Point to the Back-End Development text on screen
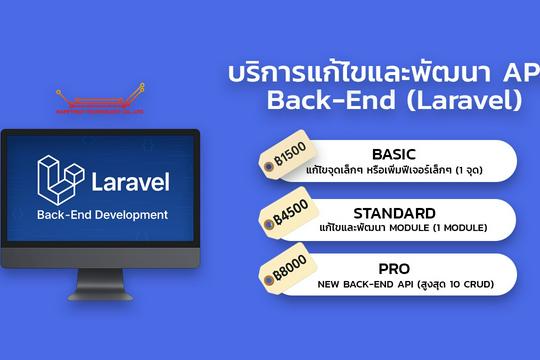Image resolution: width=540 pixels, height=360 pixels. [102, 215]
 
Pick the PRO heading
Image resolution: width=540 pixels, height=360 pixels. [395, 269]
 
